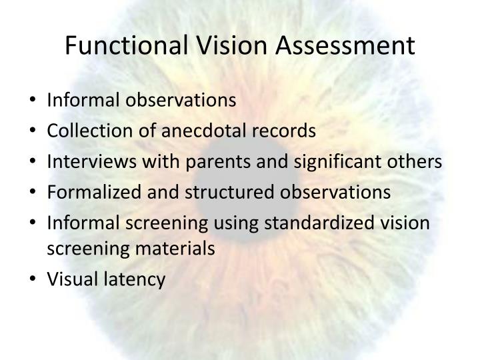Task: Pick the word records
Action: (x=285, y=131)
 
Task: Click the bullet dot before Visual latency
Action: (x=35, y=280)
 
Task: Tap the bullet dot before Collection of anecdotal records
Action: (x=35, y=131)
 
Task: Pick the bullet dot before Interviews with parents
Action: (x=35, y=162)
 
